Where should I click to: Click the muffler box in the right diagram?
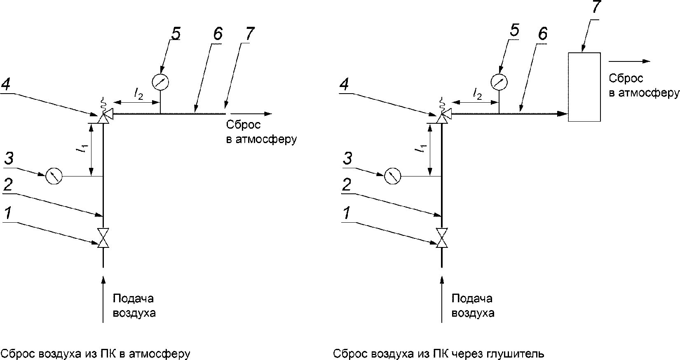point(584,87)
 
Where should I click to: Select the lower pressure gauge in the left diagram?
point(54,176)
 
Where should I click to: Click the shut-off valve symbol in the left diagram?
point(103,238)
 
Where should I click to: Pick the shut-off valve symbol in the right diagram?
point(442,238)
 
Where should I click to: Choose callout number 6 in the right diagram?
point(542,34)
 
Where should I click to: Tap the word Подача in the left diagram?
point(133,299)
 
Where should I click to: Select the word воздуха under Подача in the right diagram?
point(473,313)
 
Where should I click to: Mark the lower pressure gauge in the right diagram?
point(392,176)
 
